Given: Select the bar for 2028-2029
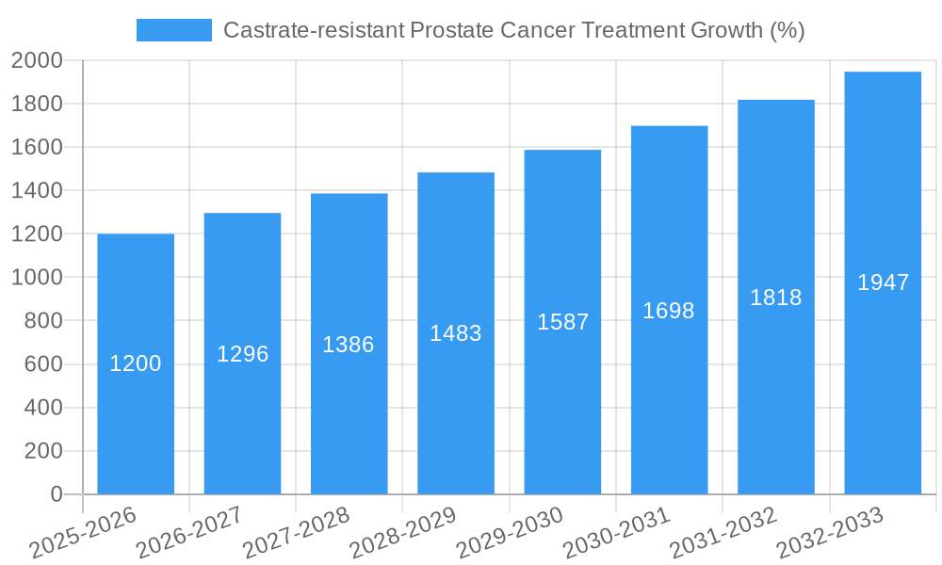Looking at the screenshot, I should [456, 414].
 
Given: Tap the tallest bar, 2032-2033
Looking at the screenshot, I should [883, 395].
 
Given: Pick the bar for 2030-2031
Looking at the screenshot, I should [669, 405].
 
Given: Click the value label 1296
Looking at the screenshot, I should [243, 354].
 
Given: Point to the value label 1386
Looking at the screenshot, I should [349, 345].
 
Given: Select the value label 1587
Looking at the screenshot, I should [563, 322].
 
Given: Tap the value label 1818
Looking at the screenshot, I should [776, 298].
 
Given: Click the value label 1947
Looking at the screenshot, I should [884, 282].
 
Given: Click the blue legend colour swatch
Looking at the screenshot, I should [174, 30].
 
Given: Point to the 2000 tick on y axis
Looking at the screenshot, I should [37, 61].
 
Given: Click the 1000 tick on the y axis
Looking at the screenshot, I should [37, 278].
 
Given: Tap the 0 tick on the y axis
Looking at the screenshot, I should [56, 494].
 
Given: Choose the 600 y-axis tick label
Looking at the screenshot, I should [42, 364].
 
